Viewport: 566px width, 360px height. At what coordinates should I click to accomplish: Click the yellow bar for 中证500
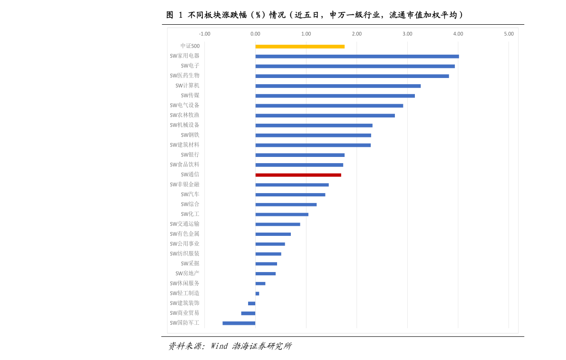tap(300, 47)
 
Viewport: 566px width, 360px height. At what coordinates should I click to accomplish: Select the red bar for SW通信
tap(298, 175)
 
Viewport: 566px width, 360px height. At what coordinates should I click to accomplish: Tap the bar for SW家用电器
tap(357, 57)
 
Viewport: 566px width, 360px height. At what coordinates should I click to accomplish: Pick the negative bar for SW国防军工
tap(239, 323)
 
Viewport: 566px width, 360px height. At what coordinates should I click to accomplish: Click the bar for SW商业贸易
tap(248, 313)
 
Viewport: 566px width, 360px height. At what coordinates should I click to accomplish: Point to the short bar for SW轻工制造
tap(257, 293)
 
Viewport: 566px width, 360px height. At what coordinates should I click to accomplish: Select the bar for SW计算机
tap(338, 86)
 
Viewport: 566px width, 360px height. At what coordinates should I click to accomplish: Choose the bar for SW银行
tap(300, 155)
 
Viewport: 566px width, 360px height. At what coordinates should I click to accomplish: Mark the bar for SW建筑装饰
tap(251, 303)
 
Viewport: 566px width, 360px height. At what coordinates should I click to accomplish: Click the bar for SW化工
tap(282, 214)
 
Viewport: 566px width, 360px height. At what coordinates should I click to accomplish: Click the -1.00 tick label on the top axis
tap(204, 34)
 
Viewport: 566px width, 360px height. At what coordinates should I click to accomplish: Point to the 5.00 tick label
tap(508, 34)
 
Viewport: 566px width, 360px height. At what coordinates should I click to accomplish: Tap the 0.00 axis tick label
tap(255, 34)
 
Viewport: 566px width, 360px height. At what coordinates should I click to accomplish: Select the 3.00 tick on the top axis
tap(407, 34)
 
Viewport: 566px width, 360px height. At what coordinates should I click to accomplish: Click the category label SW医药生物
tap(185, 76)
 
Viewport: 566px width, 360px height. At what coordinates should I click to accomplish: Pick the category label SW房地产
tap(187, 273)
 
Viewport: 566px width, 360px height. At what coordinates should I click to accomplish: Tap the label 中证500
tap(190, 46)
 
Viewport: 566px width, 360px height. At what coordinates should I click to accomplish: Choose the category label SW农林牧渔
tap(185, 115)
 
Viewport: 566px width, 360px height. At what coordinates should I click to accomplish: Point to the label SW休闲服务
tap(185, 283)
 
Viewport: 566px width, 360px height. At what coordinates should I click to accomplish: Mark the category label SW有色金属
tap(185, 234)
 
